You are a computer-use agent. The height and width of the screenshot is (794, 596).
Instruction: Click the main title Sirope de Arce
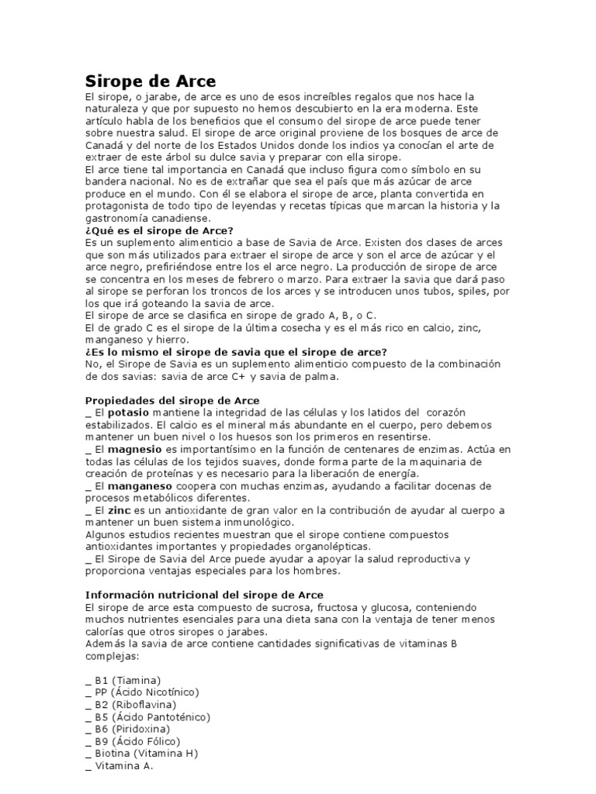pos(150,81)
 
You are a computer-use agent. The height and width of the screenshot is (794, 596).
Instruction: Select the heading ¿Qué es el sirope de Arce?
pos(158,230)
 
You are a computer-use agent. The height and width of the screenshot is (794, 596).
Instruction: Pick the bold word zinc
pos(117,510)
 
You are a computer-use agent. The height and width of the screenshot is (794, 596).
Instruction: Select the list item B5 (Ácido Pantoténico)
pos(145,716)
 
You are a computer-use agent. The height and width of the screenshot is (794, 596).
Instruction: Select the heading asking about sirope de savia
pos(235,351)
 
